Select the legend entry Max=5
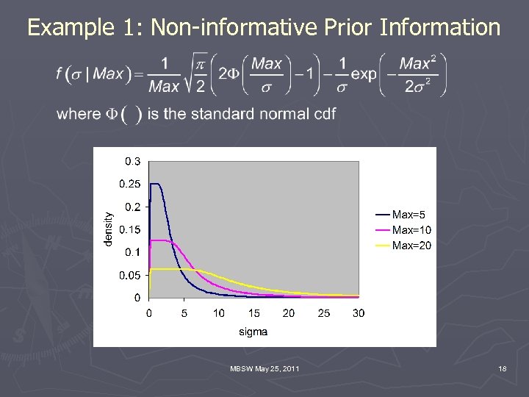coord(408,215)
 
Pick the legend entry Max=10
coord(411,230)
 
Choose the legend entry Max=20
coord(411,246)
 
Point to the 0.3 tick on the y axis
coord(132,161)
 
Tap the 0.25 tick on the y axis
coord(130,184)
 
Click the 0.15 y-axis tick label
coord(130,229)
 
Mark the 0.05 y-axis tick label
coord(130,275)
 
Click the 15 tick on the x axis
coord(253,313)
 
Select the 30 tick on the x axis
coord(359,313)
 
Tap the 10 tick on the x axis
coord(219,313)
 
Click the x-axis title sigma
coord(253,332)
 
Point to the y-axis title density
coord(109,229)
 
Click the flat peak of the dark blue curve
coord(155,184)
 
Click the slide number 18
coord(502,368)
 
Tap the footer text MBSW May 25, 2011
coord(264,368)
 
